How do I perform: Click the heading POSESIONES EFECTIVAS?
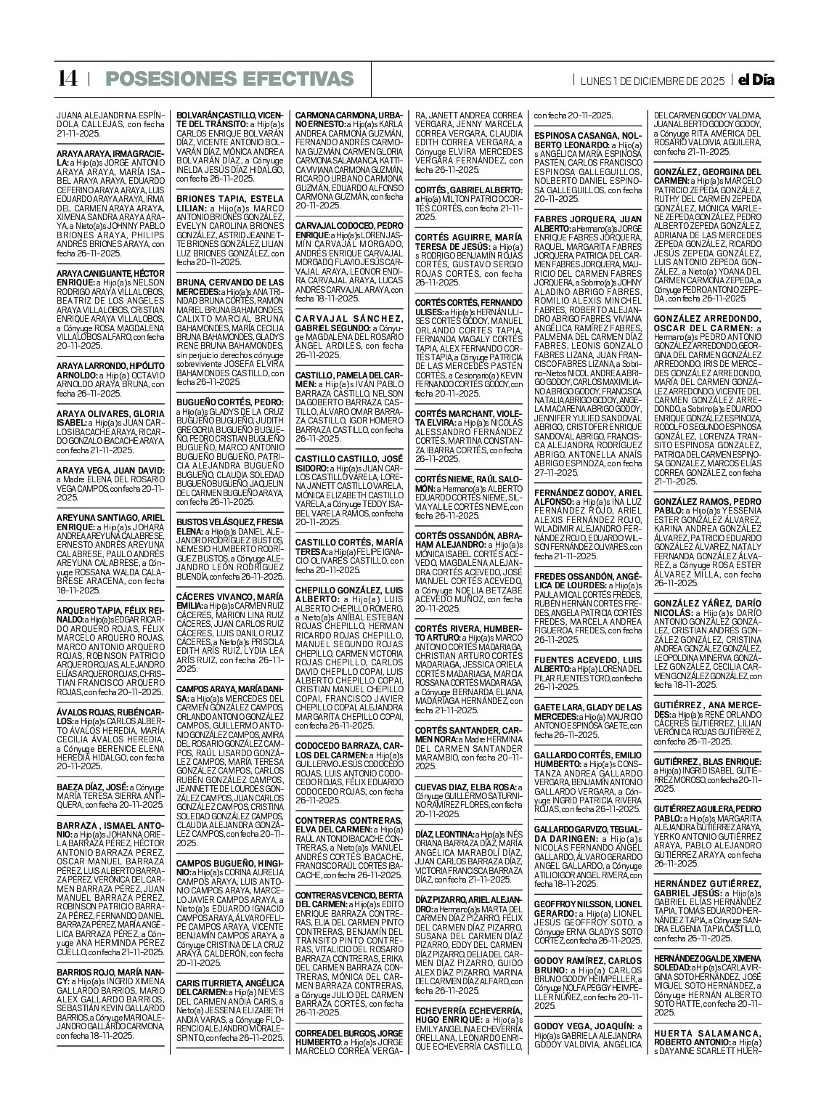point(229,79)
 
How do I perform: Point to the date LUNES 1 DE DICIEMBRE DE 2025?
point(652,81)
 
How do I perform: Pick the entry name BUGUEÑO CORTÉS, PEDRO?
point(229,401)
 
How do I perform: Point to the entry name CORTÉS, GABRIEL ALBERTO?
point(465,190)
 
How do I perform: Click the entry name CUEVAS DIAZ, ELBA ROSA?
point(465,787)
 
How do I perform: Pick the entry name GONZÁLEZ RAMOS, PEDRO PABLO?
point(706,506)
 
